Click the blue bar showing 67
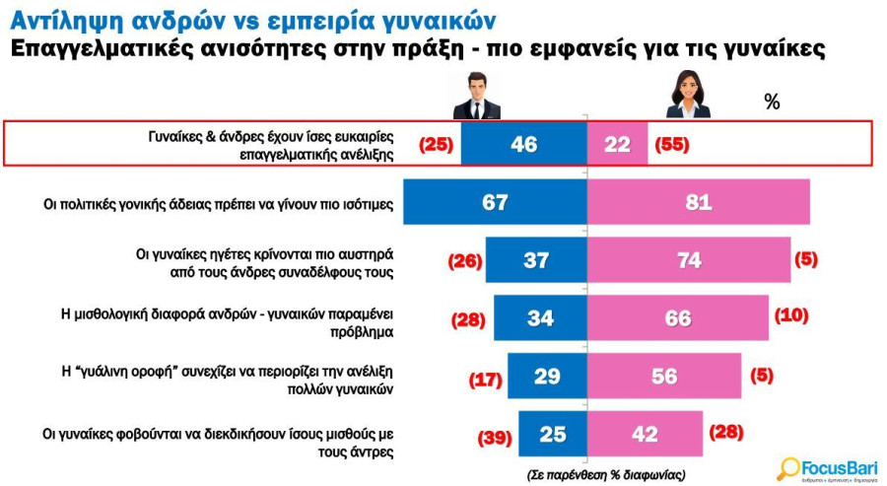coord(495,202)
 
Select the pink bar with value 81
coord(699,202)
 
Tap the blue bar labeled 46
coord(524,144)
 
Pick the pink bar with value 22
coord(617,144)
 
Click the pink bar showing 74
coord(689,259)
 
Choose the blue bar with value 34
coord(540,318)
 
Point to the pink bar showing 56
coord(664,376)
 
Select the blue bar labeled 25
coord(553,434)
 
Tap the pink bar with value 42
coord(645,434)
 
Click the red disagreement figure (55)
coord(672,145)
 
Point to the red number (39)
coord(495,438)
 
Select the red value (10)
coord(791,314)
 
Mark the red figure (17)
coord(485,380)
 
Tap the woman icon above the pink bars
coord(688,94)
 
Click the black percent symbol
coord(772,102)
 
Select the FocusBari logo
coord(828,469)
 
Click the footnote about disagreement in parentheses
coord(606,475)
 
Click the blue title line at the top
coord(253,21)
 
